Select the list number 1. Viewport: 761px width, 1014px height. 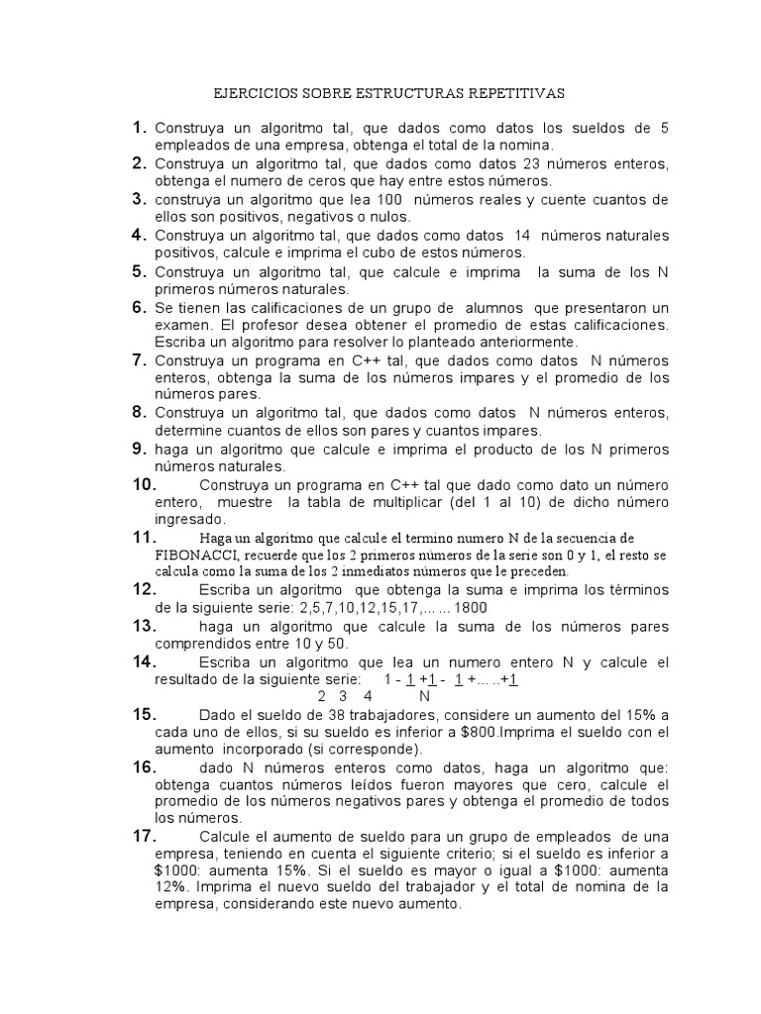tap(140, 127)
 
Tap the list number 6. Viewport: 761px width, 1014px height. tap(140, 307)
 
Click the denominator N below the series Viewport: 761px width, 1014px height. tap(425, 695)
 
